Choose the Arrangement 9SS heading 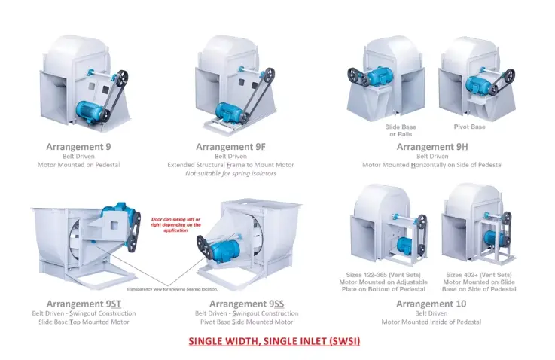coord(246,304)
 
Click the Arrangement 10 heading coord(431,304)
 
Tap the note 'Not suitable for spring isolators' coord(230,173)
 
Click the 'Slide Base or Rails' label coord(401,130)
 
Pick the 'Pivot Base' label coord(470,127)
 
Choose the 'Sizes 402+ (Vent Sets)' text coord(480,275)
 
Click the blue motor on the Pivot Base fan coord(476,84)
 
